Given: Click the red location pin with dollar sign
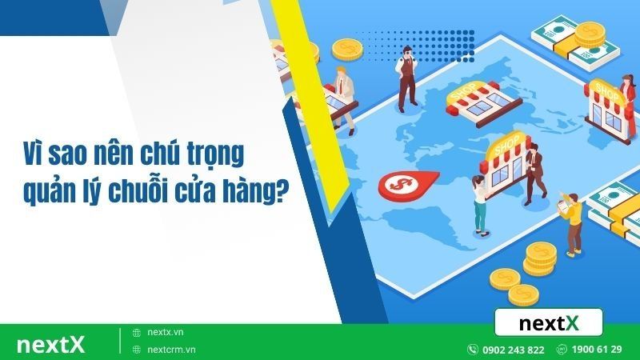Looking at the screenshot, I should (398, 185).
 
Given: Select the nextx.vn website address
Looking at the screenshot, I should (166, 332).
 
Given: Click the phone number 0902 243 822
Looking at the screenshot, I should (514, 350).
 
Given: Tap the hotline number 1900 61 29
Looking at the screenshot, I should (598, 350).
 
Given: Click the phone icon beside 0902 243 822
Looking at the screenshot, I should (474, 350).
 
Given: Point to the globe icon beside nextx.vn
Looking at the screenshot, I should (137, 332).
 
